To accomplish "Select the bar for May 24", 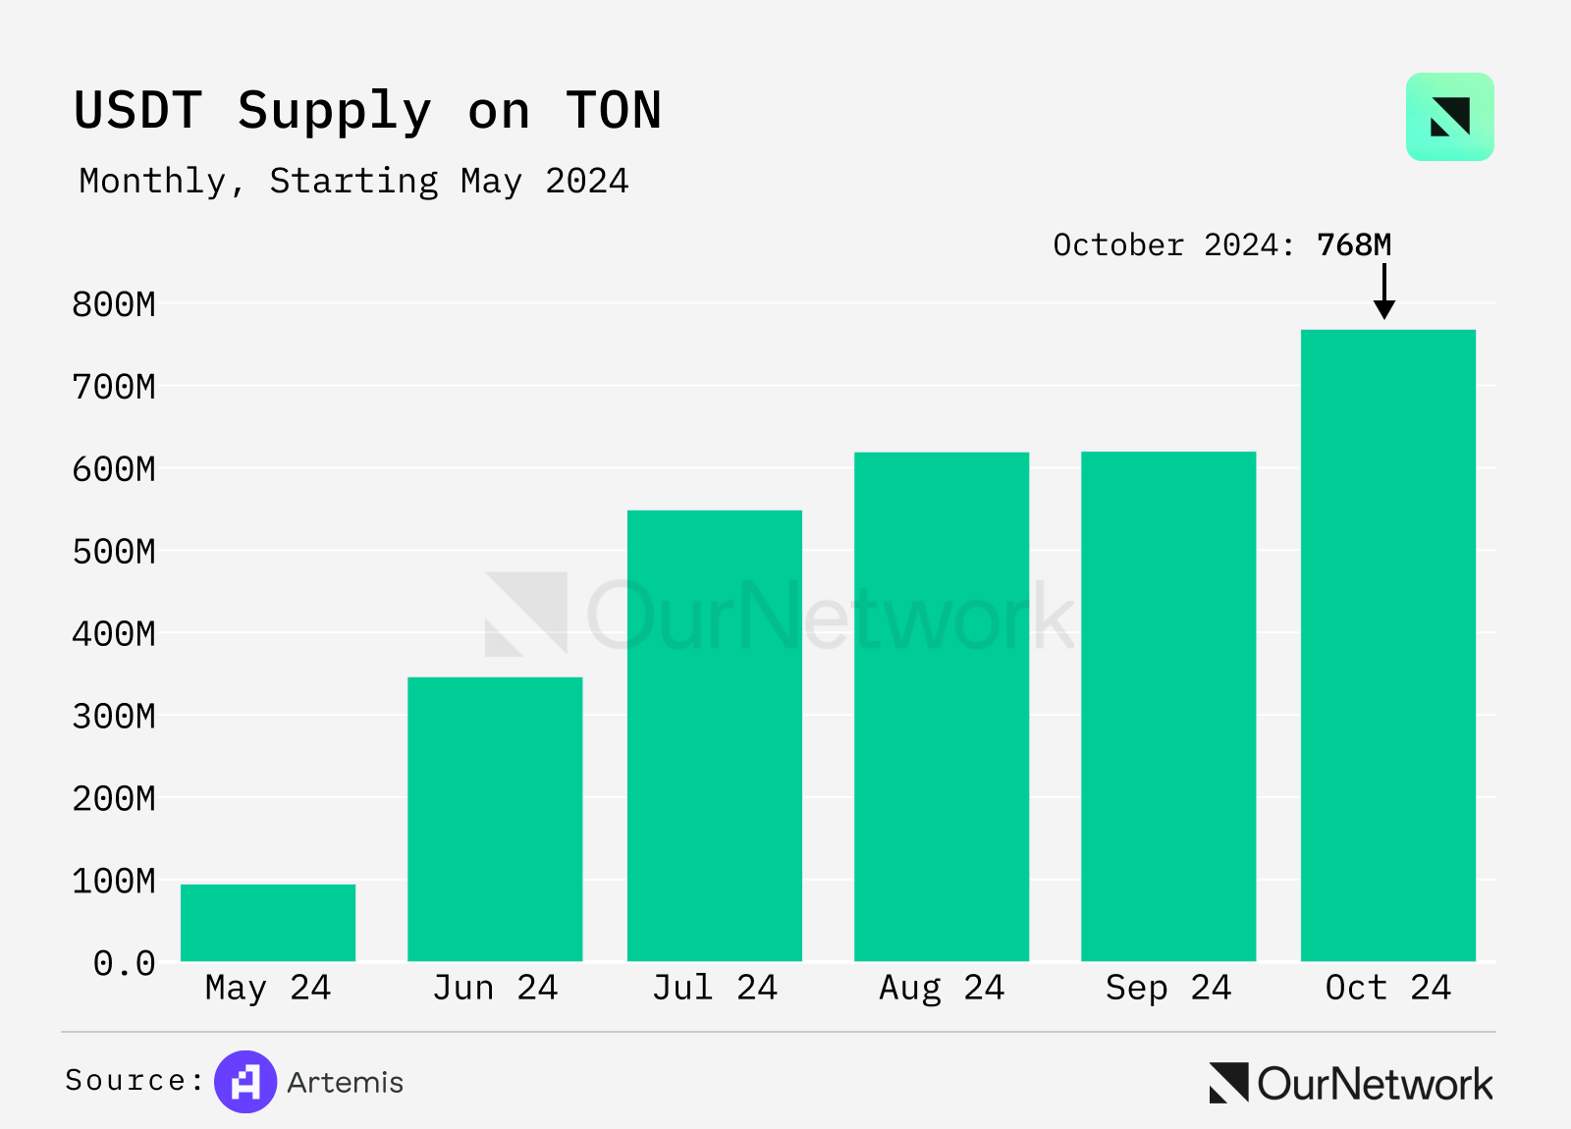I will pyautogui.click(x=268, y=923).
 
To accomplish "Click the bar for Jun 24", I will pyautogui.click(x=495, y=819).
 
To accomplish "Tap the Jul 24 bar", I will pyautogui.click(x=715, y=735).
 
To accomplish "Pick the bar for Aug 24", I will pyautogui.click(x=942, y=707).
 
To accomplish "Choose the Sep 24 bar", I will pyautogui.click(x=1168, y=707).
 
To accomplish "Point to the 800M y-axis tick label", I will pyautogui.click(x=114, y=304).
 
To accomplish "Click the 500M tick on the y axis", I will pyautogui.click(x=114, y=552).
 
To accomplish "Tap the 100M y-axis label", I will pyautogui.click(x=114, y=881).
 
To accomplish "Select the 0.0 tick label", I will pyautogui.click(x=125, y=963).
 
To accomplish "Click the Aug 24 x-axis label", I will pyautogui.click(x=942, y=988).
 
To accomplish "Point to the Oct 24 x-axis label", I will pyautogui.click(x=1387, y=988).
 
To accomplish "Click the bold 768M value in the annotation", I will pyautogui.click(x=1354, y=244).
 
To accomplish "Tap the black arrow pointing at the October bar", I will pyautogui.click(x=1384, y=292).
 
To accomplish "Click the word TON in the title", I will pyautogui.click(x=614, y=110).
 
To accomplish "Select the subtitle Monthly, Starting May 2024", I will pyautogui.click(x=353, y=182).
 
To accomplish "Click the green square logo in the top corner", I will pyautogui.click(x=1449, y=117).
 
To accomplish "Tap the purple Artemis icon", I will pyautogui.click(x=245, y=1082).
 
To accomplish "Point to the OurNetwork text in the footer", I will pyautogui.click(x=1375, y=1084).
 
